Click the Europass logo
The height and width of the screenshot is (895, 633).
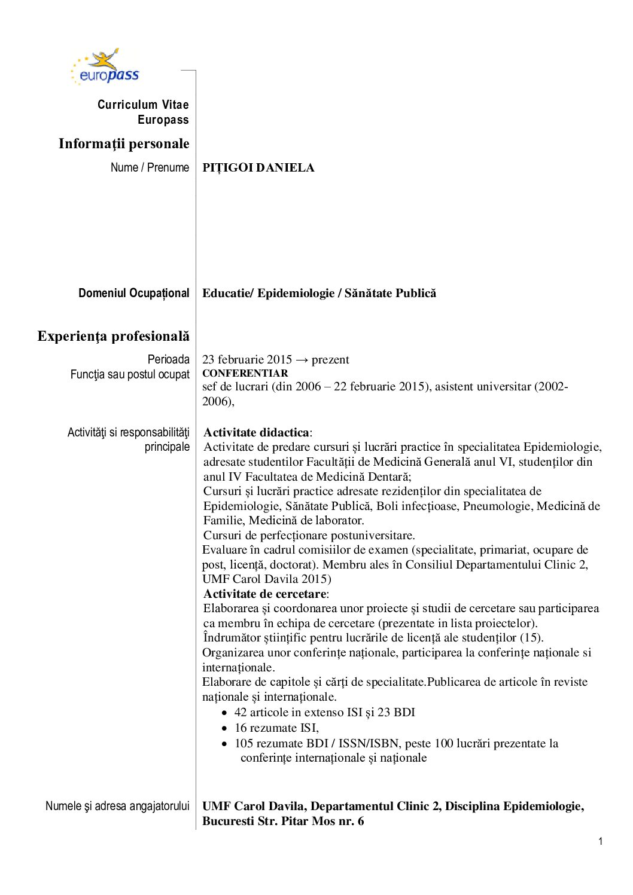(x=106, y=67)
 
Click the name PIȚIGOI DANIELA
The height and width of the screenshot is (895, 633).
(x=258, y=168)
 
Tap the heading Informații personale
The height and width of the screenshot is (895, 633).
(x=124, y=144)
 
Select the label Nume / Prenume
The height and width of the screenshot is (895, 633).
(x=150, y=167)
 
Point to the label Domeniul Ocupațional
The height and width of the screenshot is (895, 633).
(x=133, y=293)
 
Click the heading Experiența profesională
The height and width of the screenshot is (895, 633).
(x=113, y=336)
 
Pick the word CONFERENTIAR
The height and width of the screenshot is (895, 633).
(x=245, y=373)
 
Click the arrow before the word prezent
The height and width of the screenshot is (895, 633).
(x=302, y=360)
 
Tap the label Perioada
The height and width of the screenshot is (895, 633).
(x=169, y=359)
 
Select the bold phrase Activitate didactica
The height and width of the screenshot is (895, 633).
(x=256, y=432)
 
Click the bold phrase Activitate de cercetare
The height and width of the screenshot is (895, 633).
(x=264, y=594)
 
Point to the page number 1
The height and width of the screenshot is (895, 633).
(x=600, y=842)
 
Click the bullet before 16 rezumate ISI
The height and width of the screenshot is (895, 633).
(x=224, y=729)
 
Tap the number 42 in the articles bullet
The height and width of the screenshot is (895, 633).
(x=241, y=712)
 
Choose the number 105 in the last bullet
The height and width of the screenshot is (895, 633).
(x=244, y=743)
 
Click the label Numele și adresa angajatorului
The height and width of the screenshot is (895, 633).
(x=117, y=806)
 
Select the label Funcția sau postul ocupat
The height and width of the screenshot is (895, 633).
(x=130, y=374)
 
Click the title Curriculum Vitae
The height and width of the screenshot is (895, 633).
(x=143, y=105)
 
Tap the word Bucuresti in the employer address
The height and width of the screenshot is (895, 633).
(x=228, y=821)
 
